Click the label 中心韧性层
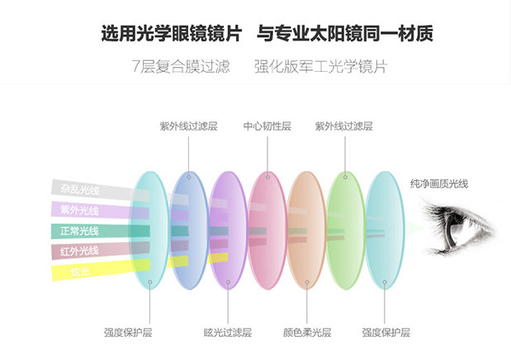click(267, 126)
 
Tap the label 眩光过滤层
click(227, 333)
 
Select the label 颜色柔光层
click(306, 333)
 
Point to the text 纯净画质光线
click(438, 183)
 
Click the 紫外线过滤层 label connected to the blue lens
click(188, 126)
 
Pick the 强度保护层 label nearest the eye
click(386, 333)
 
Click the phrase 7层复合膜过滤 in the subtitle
click(180, 66)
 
